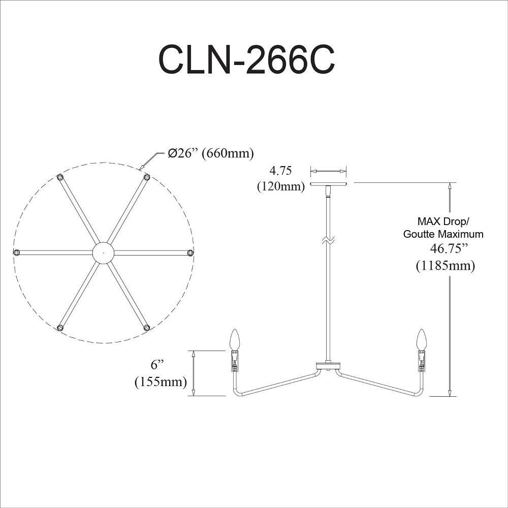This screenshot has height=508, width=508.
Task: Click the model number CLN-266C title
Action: [246, 60]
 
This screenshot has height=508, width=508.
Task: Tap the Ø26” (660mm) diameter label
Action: [211, 153]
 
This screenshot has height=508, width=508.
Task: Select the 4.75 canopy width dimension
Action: [280, 170]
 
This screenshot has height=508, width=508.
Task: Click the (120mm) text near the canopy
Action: [281, 186]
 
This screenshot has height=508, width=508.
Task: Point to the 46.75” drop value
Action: [449, 248]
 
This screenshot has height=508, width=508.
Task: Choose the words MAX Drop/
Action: [443, 221]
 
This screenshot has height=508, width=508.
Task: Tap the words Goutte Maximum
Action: [443, 234]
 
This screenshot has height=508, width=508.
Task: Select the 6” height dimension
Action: [158, 365]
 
